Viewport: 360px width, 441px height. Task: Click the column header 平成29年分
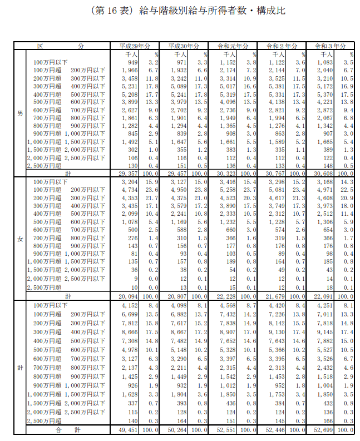tap(135, 46)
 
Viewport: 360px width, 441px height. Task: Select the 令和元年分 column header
tap(234, 46)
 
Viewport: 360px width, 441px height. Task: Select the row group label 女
tap(19, 239)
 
